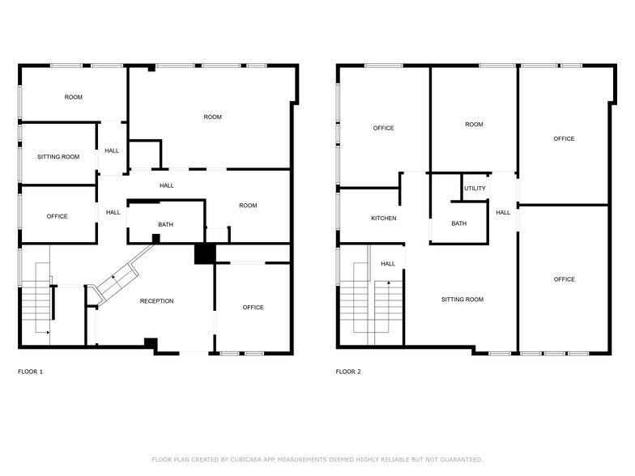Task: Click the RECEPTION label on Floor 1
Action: point(156,301)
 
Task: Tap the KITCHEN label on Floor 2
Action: point(383,219)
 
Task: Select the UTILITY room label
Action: point(475,189)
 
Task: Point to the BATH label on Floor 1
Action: point(165,224)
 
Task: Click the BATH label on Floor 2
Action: point(458,224)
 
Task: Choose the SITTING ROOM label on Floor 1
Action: point(58,156)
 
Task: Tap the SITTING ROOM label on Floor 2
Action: point(462,300)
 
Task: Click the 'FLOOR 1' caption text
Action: point(30,372)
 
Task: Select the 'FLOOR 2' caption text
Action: point(348,372)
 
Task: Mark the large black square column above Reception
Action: point(204,253)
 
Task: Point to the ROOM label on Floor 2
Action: point(474,125)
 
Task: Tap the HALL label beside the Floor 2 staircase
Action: point(388,264)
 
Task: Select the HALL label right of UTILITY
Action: point(503,213)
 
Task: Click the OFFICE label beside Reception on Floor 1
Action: point(253,308)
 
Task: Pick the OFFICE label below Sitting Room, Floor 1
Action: point(57,216)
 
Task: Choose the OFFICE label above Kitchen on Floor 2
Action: point(383,128)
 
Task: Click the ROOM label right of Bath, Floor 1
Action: point(248,206)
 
